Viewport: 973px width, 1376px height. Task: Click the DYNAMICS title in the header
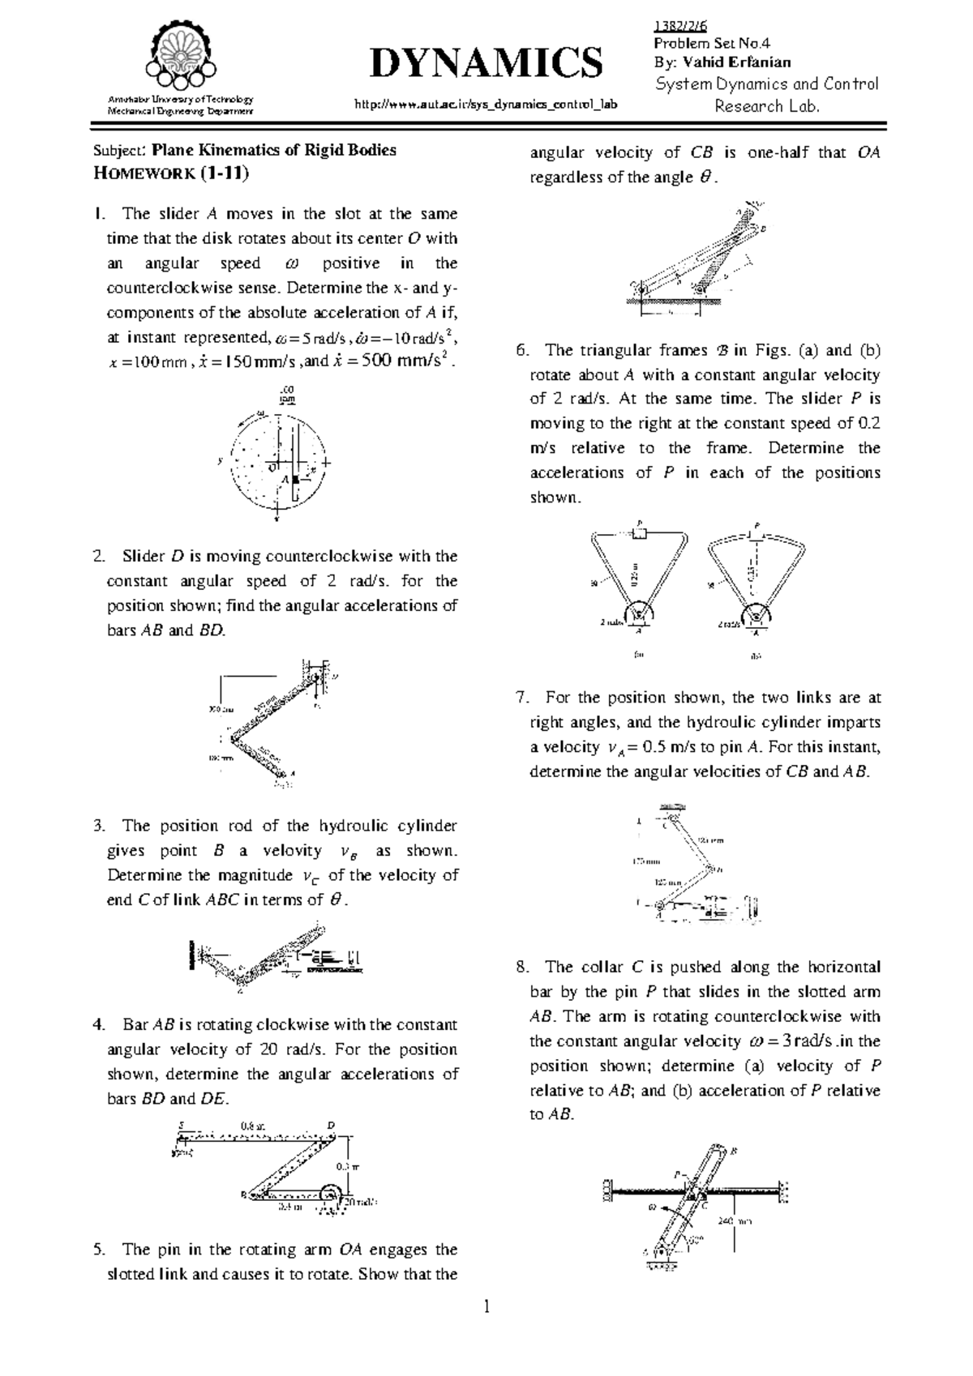[x=486, y=63]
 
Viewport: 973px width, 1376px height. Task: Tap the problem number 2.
[x=99, y=557]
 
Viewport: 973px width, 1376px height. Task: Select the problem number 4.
[x=99, y=1025]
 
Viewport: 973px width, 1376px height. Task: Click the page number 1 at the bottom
[x=486, y=1330]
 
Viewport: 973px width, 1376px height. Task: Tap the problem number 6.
[x=521, y=351]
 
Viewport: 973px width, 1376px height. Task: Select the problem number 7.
[x=521, y=698]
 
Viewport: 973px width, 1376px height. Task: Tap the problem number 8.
[x=521, y=968]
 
